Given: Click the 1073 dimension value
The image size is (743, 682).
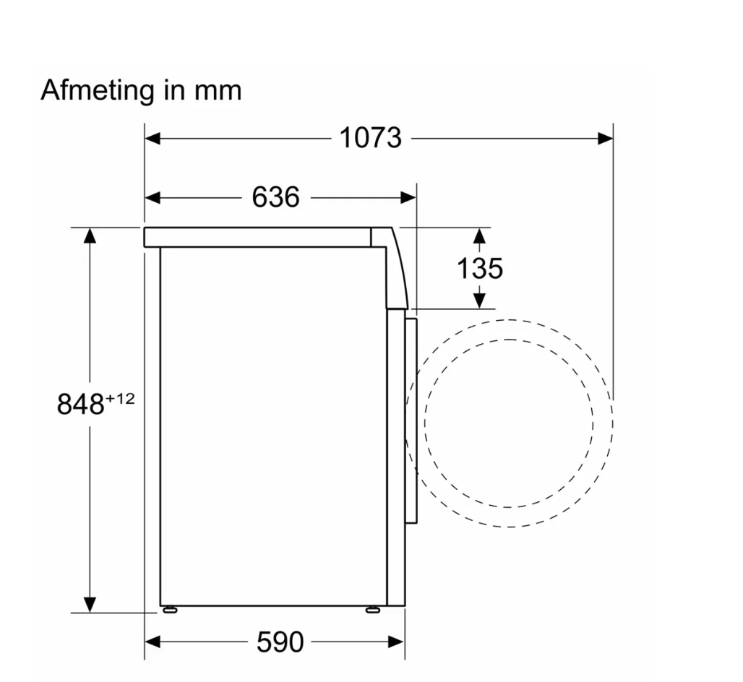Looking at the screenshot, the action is point(371,138).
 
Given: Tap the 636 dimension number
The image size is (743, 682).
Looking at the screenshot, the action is point(276,197).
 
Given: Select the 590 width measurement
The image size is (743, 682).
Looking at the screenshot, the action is point(280,642).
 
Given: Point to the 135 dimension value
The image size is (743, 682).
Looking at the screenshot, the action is point(479,268).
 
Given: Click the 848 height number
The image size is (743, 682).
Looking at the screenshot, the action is point(80,405).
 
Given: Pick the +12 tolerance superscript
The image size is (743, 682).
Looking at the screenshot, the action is point(120,399).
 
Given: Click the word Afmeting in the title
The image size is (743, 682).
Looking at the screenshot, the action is point(98,90).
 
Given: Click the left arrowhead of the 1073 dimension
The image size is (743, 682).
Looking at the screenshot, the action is point(153,138).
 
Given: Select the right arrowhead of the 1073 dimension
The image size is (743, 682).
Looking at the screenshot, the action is point(605,138).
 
